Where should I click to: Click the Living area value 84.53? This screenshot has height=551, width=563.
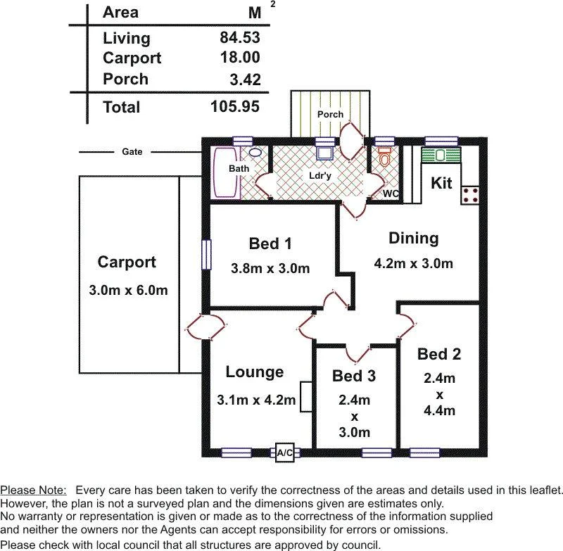click(x=239, y=37)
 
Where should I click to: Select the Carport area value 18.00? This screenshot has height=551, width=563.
click(x=239, y=58)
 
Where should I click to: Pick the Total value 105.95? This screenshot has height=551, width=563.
click(x=235, y=107)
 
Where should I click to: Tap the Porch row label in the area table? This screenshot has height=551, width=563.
click(x=125, y=79)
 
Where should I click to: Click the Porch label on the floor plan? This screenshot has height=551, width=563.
click(x=330, y=114)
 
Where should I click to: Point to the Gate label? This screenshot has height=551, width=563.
click(x=132, y=151)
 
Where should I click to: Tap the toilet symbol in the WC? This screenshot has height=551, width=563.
click(x=384, y=158)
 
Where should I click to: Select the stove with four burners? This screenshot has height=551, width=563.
click(x=470, y=195)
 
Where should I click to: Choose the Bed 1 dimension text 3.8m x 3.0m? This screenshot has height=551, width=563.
click(x=270, y=268)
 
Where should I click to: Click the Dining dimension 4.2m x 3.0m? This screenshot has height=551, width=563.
click(x=413, y=264)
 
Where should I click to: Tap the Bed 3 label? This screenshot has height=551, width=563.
click(x=354, y=376)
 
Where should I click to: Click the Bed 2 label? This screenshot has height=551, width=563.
click(x=439, y=353)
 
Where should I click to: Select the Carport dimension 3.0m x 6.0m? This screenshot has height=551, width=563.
click(x=128, y=290)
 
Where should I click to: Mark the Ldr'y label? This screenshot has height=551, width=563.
click(x=320, y=175)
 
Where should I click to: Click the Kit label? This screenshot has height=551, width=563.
click(x=441, y=183)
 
